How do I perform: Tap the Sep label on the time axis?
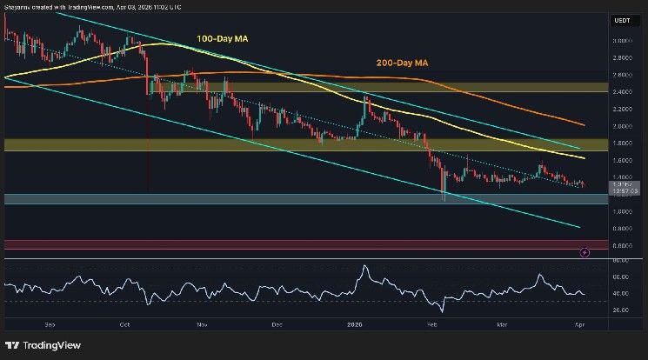(50, 323)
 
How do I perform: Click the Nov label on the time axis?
(202, 323)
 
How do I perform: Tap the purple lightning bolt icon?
(585, 252)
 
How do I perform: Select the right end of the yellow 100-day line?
(583, 158)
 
